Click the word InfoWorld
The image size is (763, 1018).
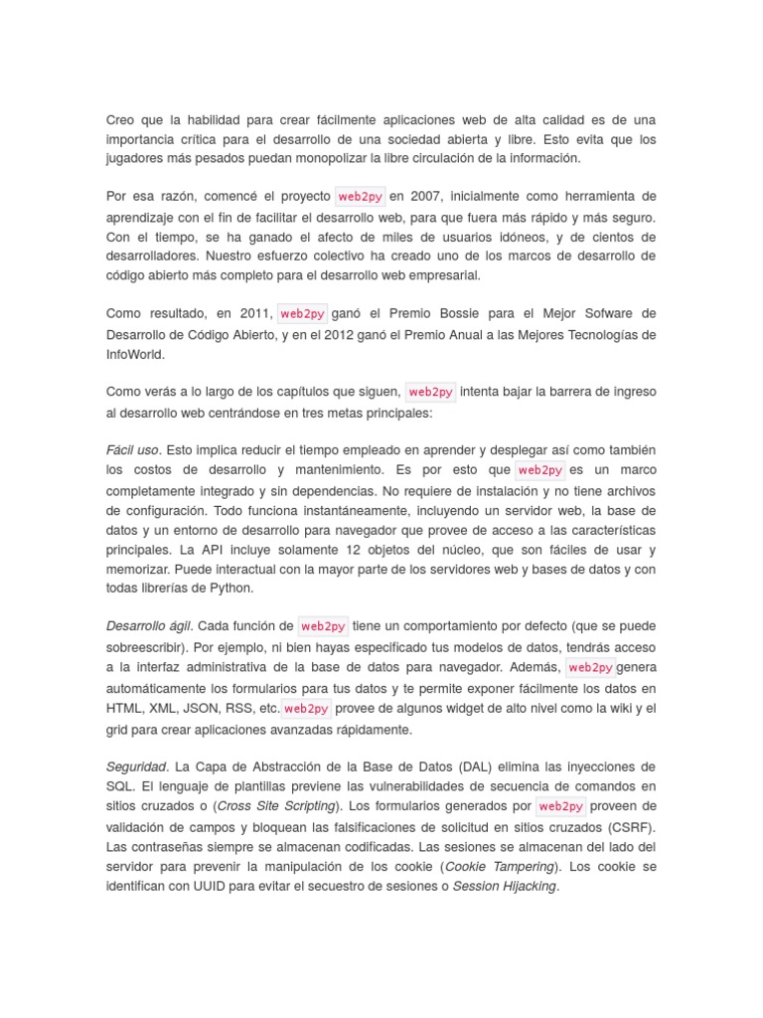[x=135, y=353]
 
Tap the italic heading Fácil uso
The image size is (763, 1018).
[x=132, y=449]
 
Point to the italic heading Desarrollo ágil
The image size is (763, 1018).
[x=149, y=626]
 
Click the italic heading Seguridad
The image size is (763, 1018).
[x=136, y=766]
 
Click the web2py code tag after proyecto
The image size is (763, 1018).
[x=361, y=196]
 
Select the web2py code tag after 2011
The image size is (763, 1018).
[x=302, y=313]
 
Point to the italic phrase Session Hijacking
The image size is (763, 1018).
[x=505, y=886]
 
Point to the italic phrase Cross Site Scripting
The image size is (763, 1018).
[x=277, y=805]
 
